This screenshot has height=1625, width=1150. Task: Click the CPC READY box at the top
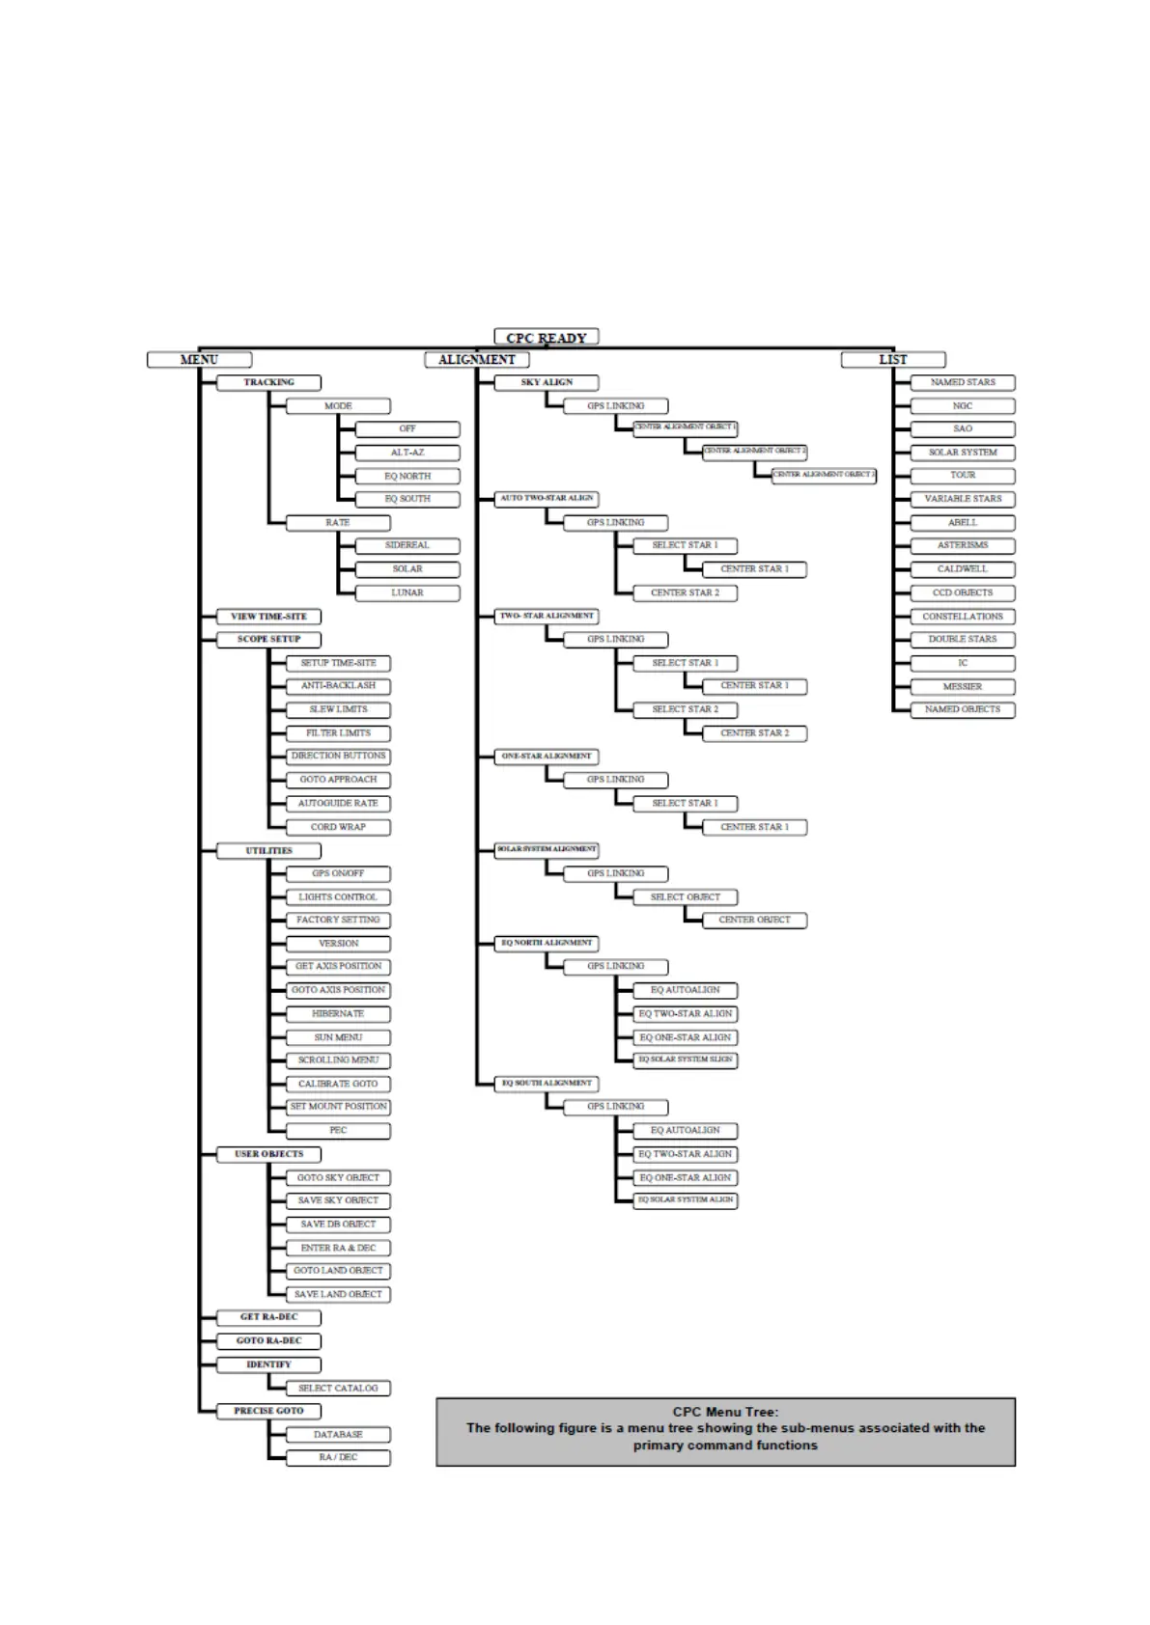[547, 338]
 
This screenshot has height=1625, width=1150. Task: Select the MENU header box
[199, 360]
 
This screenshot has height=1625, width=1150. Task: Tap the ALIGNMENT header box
[477, 360]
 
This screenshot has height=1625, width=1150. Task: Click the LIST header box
[893, 360]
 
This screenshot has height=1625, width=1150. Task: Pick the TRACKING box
[268, 383]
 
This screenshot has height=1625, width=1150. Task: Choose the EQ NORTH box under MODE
[407, 476]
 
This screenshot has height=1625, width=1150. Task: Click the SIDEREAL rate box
[407, 545]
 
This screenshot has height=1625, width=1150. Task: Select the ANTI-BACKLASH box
[338, 686]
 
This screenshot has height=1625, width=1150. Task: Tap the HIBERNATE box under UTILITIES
[338, 1014]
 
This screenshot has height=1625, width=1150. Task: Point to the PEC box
[338, 1130]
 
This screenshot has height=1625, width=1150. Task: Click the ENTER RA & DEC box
[338, 1248]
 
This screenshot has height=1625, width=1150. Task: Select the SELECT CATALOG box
[338, 1389]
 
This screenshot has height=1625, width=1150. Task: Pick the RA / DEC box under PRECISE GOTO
[338, 1457]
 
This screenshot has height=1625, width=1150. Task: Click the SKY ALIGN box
[547, 383]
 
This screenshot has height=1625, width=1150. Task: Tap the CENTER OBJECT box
[754, 921]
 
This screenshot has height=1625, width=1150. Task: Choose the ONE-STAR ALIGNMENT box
[547, 757]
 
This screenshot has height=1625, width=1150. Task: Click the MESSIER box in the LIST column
[963, 687]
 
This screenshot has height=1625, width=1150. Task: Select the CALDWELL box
[963, 569]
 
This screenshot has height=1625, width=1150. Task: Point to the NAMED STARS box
[963, 383]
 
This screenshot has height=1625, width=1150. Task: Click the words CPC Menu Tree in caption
[725, 1412]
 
